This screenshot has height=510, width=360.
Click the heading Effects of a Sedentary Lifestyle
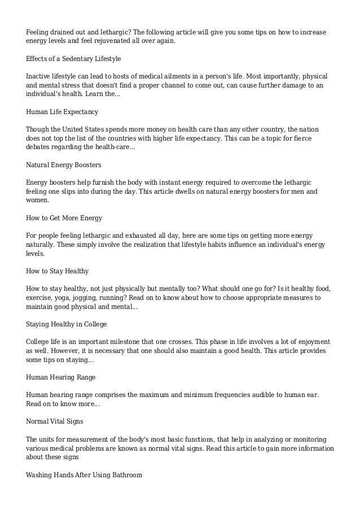point(73,58)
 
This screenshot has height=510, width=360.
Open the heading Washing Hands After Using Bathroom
point(84,475)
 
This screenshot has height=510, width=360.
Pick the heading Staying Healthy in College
point(67,325)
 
